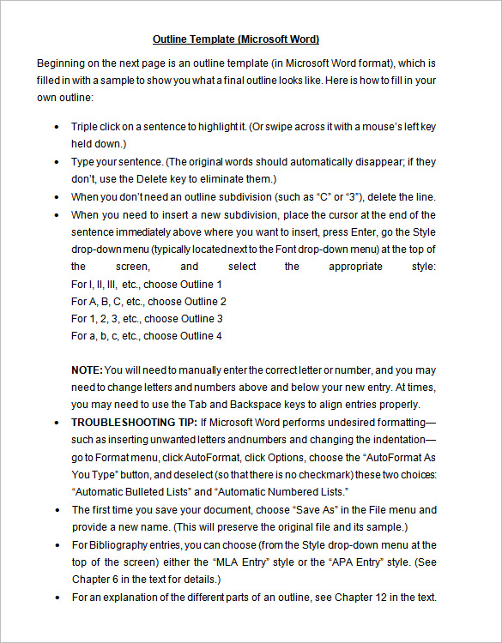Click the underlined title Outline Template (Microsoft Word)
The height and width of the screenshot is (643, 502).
tap(235, 39)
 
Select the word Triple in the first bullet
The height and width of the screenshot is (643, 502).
tap(85, 126)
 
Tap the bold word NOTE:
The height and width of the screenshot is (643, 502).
tap(87, 370)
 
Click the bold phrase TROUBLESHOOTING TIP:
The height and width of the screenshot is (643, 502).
tap(135, 422)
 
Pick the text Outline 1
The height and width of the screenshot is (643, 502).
tap(203, 284)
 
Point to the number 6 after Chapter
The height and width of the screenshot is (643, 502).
tap(115, 579)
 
